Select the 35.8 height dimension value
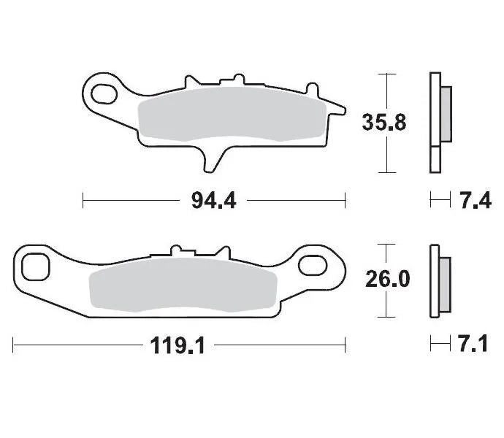coord(384,122)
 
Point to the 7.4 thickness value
coord(476,199)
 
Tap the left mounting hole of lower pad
coord(34,266)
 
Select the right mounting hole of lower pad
coord(316,264)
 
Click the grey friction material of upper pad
coord(226,117)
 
